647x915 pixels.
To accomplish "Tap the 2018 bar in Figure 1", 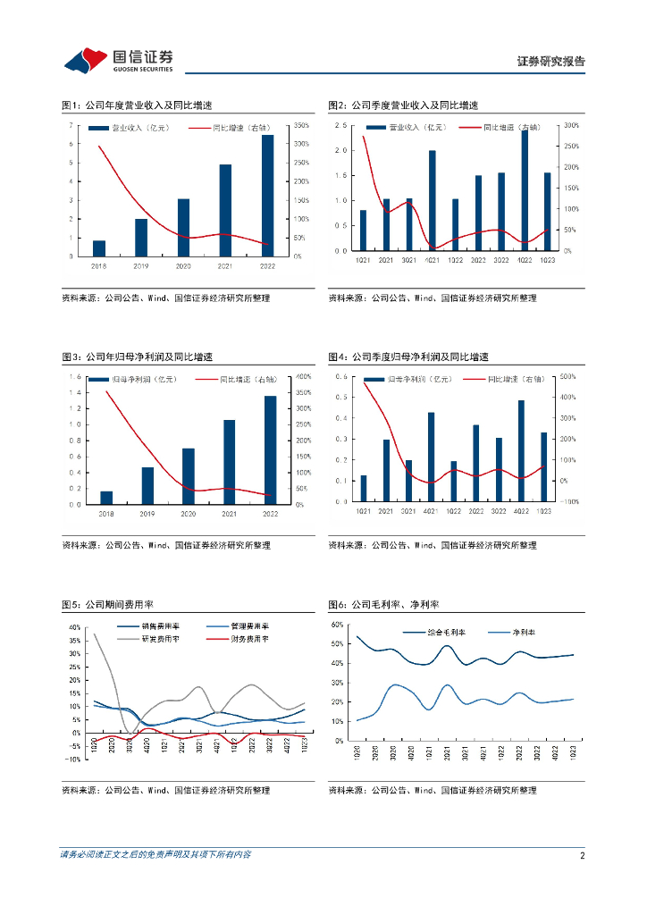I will (x=99, y=248).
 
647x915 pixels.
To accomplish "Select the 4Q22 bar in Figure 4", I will (x=522, y=451).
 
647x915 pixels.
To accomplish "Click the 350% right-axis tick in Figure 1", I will (x=301, y=125).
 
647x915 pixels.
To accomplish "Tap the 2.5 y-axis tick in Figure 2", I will (x=340, y=126).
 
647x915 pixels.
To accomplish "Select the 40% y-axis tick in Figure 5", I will (x=76, y=627).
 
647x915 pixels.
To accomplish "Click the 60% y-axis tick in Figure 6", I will (x=337, y=624).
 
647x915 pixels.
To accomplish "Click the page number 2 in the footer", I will (x=582, y=855).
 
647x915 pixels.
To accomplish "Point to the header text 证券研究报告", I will (x=551, y=62).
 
